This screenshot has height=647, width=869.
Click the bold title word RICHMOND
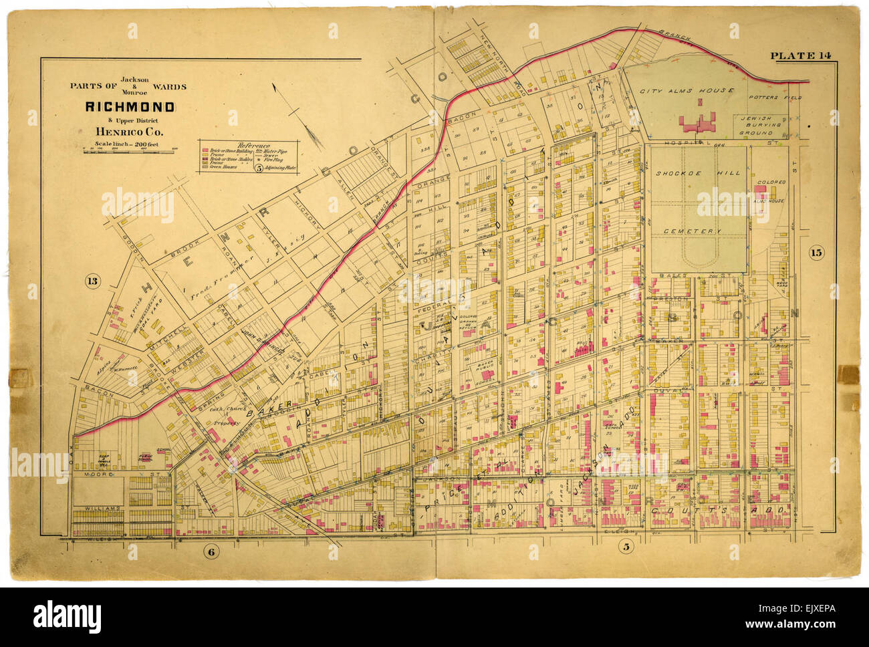130,107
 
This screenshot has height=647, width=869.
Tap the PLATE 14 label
800,56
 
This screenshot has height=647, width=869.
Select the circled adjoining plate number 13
92,281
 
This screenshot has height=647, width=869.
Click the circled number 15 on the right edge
816,252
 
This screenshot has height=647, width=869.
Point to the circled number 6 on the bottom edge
211,551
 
